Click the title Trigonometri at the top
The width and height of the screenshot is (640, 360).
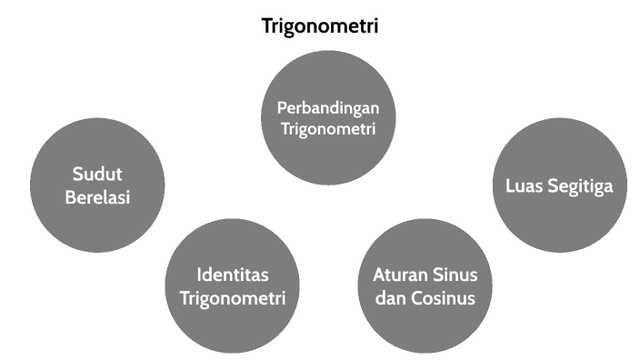(320, 25)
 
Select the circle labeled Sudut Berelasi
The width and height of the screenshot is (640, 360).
(97, 185)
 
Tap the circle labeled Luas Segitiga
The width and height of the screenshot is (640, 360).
(559, 185)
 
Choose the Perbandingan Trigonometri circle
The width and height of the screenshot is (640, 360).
(327, 117)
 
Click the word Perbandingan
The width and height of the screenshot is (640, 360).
(327, 107)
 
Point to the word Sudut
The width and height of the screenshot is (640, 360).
(97, 175)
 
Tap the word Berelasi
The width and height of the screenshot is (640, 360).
(97, 197)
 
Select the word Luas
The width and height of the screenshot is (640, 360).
(523, 186)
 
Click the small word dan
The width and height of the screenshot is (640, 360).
(391, 297)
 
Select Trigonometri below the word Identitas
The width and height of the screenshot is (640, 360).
(234, 297)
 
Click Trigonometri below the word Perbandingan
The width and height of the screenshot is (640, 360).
(327, 129)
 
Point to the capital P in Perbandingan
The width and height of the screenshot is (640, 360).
(281, 107)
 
